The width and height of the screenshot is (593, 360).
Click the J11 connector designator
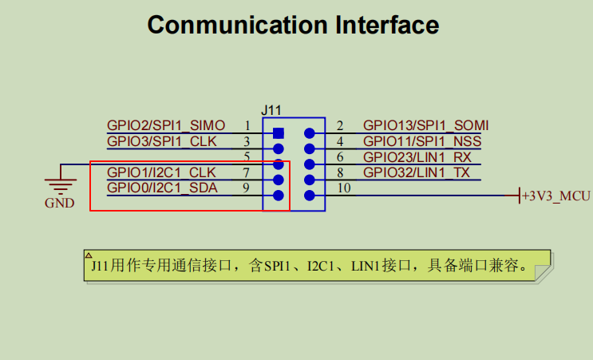[x=271, y=109]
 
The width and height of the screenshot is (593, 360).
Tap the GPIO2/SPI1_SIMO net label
[x=166, y=125]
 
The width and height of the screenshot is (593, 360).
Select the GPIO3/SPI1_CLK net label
[x=162, y=141]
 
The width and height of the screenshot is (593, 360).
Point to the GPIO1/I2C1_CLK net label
[x=161, y=172]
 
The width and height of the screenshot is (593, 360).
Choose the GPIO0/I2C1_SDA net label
[x=161, y=188]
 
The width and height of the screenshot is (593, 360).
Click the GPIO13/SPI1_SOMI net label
[x=425, y=125]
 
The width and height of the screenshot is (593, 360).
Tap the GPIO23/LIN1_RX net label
[x=417, y=157]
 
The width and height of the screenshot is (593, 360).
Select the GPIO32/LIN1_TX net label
[x=417, y=172]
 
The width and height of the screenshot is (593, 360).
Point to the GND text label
[x=59, y=204]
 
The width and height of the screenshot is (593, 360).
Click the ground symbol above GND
[x=59, y=182]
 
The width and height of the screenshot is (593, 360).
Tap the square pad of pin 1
[x=278, y=133]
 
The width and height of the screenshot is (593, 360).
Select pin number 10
[x=344, y=188]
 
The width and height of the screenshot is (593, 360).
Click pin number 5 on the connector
[x=247, y=157]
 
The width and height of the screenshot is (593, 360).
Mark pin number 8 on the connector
[x=340, y=172]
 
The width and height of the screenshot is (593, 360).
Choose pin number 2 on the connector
[x=340, y=125]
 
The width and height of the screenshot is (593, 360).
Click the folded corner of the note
[x=542, y=273]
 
